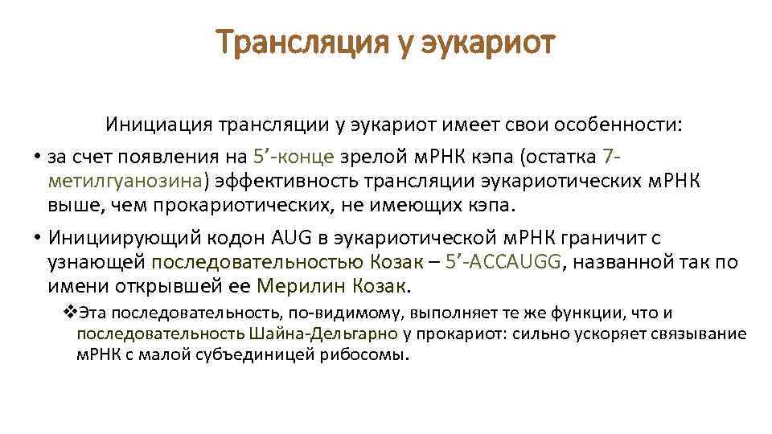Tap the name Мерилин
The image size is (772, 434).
294,287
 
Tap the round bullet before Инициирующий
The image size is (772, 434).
37,238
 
